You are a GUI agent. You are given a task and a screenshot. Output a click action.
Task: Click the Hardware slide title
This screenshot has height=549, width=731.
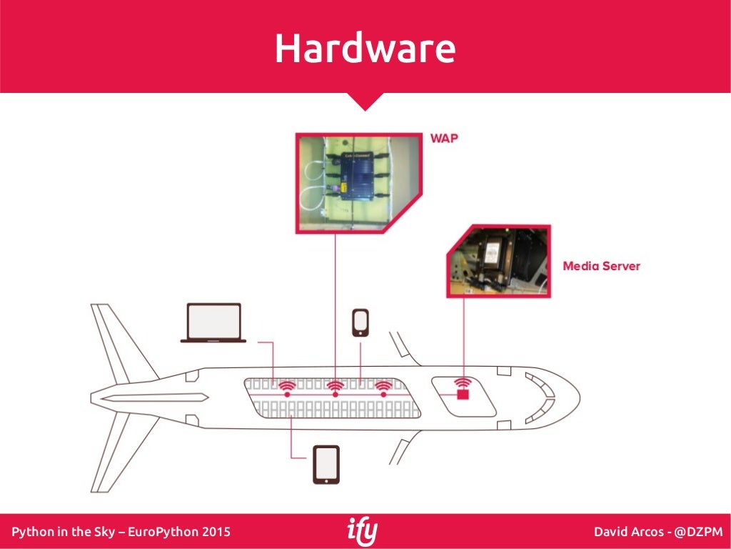point(365,49)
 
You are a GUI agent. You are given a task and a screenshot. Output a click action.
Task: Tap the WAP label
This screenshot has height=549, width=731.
point(444,139)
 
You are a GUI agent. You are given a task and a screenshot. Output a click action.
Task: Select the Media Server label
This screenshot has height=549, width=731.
point(601,266)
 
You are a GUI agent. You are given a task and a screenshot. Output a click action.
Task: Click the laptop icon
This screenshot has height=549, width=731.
point(213,323)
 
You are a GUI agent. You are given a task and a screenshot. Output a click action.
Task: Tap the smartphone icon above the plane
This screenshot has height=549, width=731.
point(361,322)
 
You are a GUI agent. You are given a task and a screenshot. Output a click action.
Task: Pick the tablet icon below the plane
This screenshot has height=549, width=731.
point(326,465)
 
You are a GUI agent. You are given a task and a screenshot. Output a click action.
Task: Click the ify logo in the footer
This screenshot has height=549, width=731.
point(363,532)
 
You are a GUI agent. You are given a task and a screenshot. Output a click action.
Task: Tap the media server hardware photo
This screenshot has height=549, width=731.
point(499,261)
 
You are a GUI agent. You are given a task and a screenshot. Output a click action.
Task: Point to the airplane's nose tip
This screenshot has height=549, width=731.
point(579,394)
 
